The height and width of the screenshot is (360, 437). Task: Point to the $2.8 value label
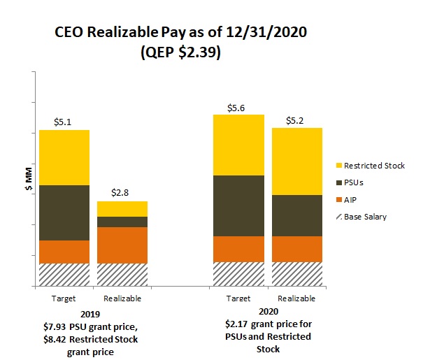[x=122, y=192]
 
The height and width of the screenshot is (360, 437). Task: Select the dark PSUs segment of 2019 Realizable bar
[x=122, y=222]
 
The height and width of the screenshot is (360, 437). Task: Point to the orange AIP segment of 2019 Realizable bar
[x=122, y=245]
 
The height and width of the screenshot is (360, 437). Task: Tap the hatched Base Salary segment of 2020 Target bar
[x=238, y=274]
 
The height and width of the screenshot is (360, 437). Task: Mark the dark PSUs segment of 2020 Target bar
[x=238, y=206]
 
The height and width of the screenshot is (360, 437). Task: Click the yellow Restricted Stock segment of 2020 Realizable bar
[x=296, y=161]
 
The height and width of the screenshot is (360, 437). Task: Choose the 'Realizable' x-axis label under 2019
[x=122, y=298]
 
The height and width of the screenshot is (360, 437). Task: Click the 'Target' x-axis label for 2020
[x=238, y=298]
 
